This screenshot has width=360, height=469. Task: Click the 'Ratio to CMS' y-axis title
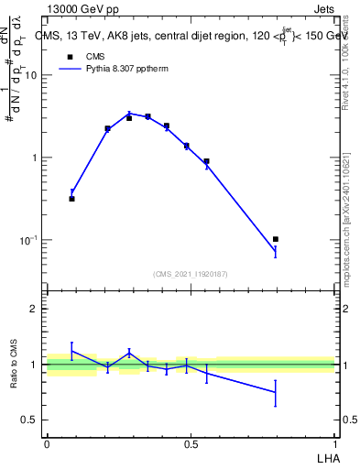click(15, 364)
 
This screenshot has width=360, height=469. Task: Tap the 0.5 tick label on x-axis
click(191, 444)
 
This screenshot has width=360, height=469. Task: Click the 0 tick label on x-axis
click(47, 444)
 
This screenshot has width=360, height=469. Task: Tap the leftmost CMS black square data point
click(71, 198)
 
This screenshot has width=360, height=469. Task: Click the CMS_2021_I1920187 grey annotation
click(190, 273)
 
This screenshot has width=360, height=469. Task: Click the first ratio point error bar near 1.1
click(71, 351)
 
